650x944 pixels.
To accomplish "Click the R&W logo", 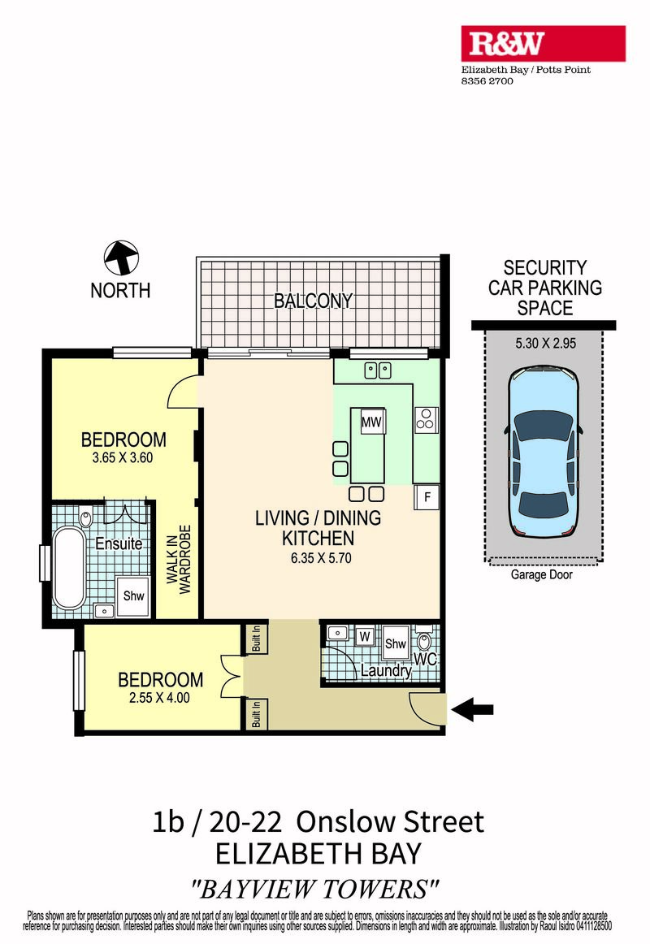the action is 543,43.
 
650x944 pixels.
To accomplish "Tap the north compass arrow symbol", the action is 122,258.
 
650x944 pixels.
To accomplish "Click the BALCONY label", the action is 313,301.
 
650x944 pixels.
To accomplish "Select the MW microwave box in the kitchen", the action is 371,422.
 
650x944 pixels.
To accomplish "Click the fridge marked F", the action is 427,497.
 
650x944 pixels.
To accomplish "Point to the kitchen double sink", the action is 378,370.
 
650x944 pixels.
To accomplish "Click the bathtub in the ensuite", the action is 69,569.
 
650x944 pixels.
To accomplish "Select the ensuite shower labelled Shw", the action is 133,596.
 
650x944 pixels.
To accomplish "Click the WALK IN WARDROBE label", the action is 178,559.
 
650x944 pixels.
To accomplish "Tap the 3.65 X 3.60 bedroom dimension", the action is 123,457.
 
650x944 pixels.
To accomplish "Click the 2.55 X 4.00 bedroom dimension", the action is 159,698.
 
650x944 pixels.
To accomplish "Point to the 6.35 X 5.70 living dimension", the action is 321,558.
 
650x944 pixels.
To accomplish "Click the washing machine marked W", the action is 364,636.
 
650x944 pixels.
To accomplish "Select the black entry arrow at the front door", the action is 472,709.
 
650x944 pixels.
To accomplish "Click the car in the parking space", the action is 544,453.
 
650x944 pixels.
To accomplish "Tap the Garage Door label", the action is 542,574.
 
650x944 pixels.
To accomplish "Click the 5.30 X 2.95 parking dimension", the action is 545,343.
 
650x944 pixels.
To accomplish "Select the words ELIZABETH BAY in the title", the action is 318,854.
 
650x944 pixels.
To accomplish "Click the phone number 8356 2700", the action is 487,80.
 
